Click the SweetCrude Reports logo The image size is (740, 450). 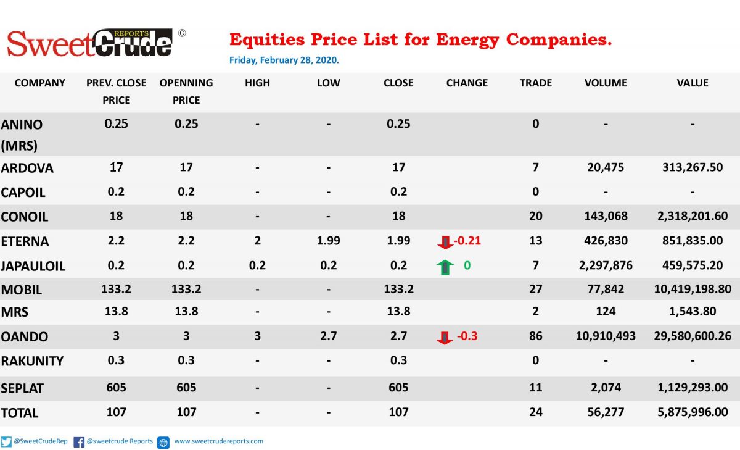(x=90, y=44)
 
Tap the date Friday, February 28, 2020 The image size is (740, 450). (x=284, y=60)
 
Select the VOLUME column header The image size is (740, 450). (x=606, y=83)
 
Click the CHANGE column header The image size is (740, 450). (x=467, y=83)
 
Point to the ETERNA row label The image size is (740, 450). (x=25, y=241)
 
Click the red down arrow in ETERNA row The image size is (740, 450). (x=445, y=242)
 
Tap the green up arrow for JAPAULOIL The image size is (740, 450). (x=445, y=267)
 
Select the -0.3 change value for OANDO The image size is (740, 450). (x=467, y=336)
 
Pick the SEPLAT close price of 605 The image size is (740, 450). (x=398, y=387)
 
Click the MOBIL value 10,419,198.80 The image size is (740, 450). (x=693, y=289)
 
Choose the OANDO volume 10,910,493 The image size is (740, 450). (x=606, y=336)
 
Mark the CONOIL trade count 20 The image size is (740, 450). (x=535, y=216)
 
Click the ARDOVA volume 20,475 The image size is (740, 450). (x=606, y=167)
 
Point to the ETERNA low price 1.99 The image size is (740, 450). (x=328, y=240)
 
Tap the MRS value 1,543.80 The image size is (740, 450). (x=693, y=311)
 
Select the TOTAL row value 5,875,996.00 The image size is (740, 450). (x=693, y=412)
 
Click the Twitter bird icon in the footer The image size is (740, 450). (x=6, y=442)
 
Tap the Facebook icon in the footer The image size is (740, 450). (x=79, y=442)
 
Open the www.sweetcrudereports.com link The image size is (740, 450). (x=219, y=441)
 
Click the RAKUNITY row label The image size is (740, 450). (x=32, y=361)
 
